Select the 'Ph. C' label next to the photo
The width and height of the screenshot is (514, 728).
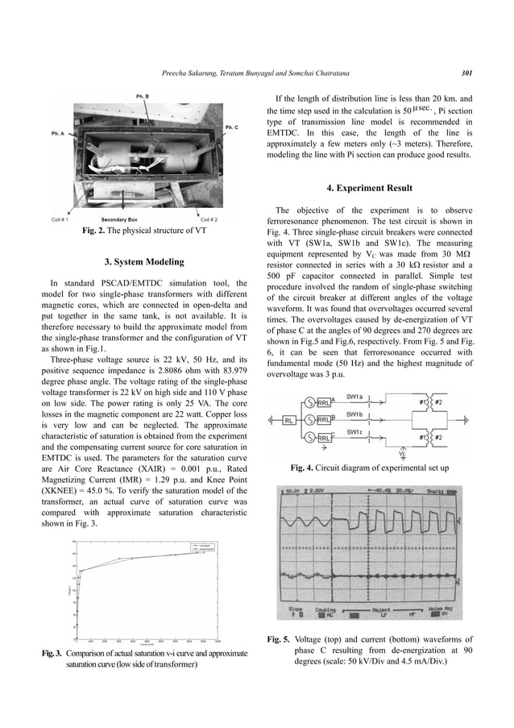pos(231,127)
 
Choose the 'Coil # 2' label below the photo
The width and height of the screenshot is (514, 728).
pos(211,219)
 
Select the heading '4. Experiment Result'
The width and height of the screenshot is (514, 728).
pos(370,188)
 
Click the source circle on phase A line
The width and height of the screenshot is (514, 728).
pos(311,403)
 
